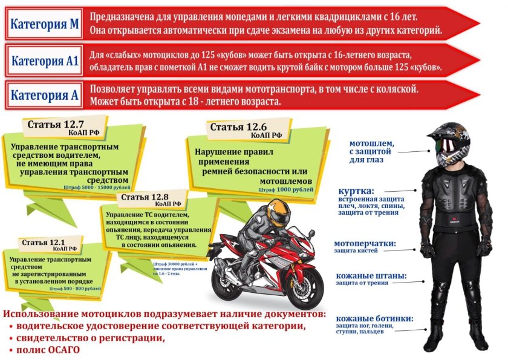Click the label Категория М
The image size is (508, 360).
(45, 24)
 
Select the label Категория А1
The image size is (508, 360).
(45, 61)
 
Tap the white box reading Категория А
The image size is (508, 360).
(45, 95)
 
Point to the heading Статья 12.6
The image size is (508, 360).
(238, 127)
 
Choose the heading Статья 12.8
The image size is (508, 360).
(144, 197)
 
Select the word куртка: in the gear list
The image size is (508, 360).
(356, 191)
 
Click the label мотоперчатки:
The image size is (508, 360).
(365, 244)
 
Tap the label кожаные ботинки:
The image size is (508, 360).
(374, 318)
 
